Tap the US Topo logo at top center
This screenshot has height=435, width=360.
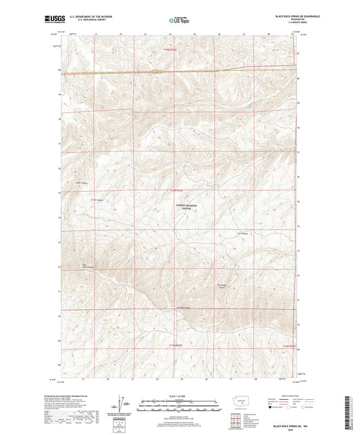[178, 21]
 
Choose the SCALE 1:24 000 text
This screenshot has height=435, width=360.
[179, 395]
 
